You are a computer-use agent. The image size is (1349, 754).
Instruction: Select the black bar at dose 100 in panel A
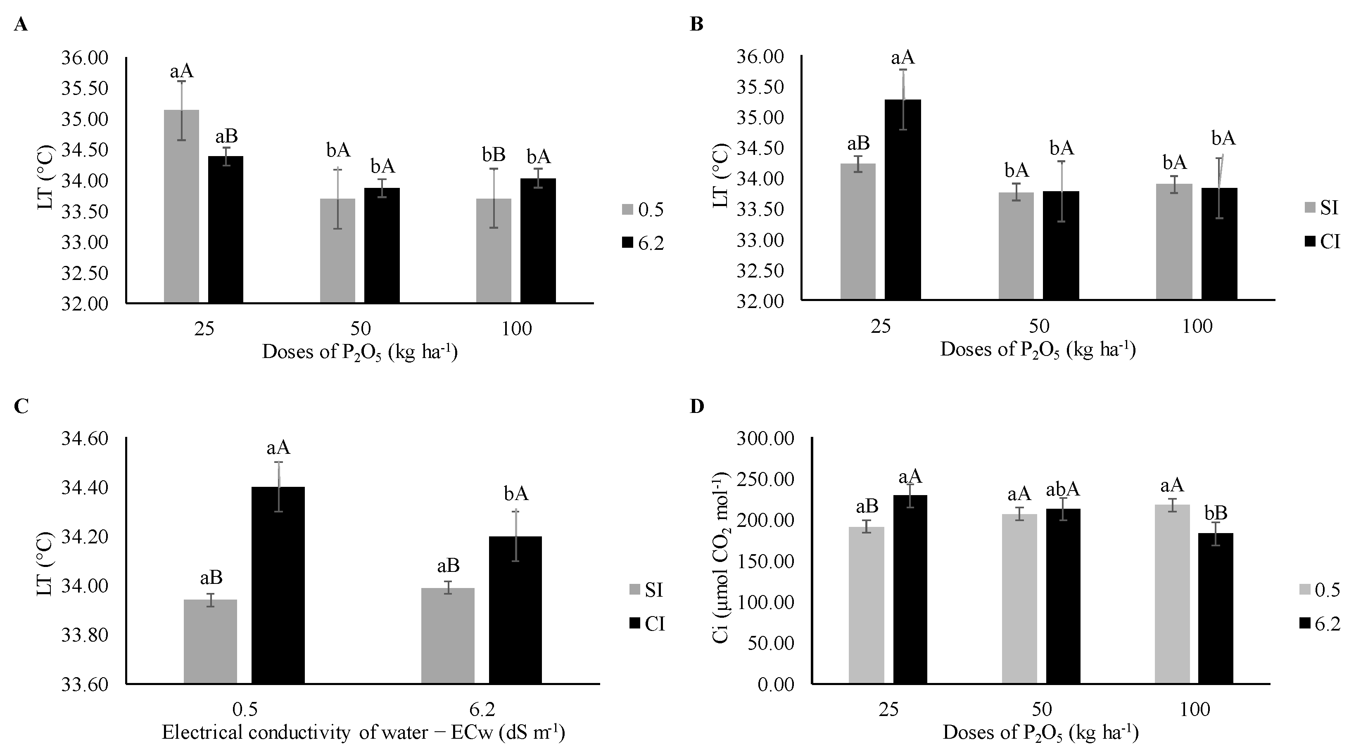point(538,240)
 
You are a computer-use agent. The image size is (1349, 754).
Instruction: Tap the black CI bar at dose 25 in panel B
point(902,199)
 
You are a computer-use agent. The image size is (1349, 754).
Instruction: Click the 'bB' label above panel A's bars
point(493,154)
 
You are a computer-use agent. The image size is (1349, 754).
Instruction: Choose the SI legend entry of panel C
point(646,590)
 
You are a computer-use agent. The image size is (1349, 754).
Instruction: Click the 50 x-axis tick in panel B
point(1039,326)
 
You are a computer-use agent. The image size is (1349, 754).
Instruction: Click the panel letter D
point(696,406)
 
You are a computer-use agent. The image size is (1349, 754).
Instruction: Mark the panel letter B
point(696,25)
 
